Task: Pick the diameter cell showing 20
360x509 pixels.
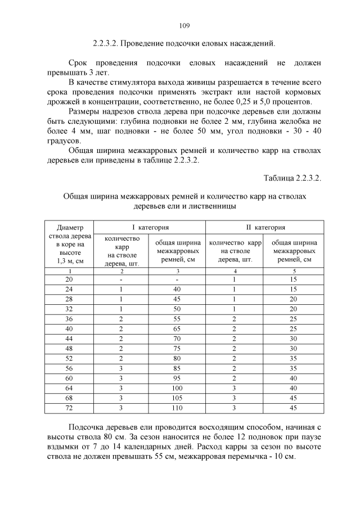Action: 69,280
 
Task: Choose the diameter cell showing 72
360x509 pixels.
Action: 69,408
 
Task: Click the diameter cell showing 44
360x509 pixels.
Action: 69,339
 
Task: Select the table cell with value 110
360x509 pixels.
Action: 177,408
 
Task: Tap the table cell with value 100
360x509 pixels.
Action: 177,388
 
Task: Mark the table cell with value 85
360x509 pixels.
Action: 177,368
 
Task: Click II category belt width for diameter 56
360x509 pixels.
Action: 294,368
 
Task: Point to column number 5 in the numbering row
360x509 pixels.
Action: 294,271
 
